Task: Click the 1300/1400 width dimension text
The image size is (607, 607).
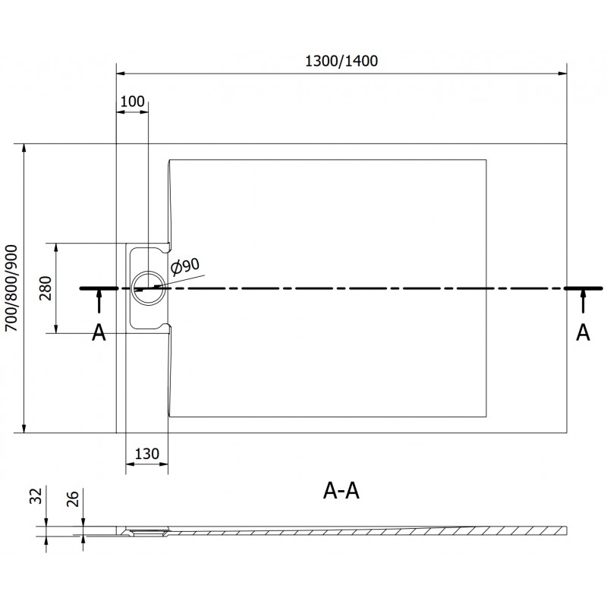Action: point(341,61)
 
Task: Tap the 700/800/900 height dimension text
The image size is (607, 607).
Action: point(11,288)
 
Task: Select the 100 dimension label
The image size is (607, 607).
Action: point(132,102)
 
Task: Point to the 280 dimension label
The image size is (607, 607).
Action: point(46,288)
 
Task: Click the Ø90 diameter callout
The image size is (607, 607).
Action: point(185,267)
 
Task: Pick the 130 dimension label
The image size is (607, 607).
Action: point(146,453)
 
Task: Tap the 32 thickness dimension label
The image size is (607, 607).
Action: point(36,496)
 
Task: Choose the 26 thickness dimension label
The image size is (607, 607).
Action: point(72,498)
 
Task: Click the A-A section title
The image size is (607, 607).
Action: point(341,491)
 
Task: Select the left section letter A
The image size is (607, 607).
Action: point(99,332)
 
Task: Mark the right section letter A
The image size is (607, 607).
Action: point(583,332)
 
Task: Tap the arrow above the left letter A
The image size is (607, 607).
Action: point(99,301)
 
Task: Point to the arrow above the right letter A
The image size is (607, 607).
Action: point(583,301)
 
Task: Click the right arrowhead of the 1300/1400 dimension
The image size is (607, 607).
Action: point(561,73)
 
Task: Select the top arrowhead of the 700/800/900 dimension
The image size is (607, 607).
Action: point(24,149)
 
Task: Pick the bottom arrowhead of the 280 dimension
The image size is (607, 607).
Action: point(56,328)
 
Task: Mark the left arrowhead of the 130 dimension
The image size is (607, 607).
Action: point(131,464)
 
